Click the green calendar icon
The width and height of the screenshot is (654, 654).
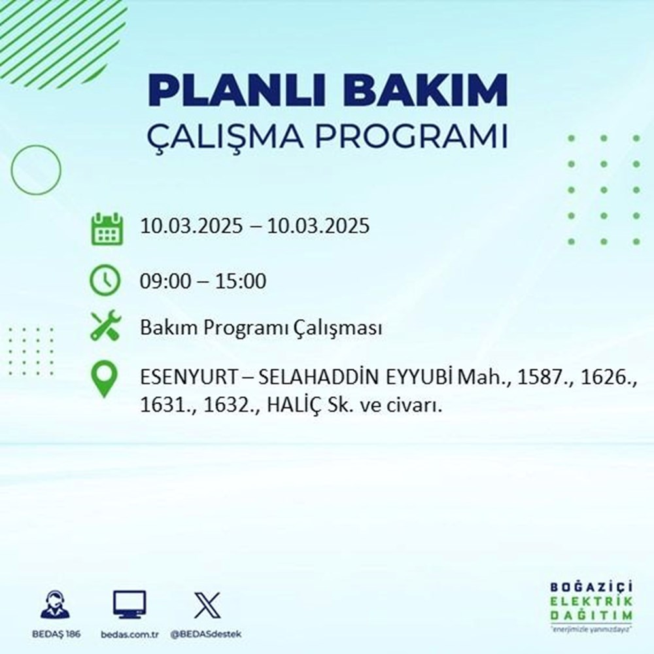(106, 228)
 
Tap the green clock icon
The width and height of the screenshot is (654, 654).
(106, 282)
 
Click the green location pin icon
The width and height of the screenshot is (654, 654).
(106, 380)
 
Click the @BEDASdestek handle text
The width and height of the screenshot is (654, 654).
(207, 635)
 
